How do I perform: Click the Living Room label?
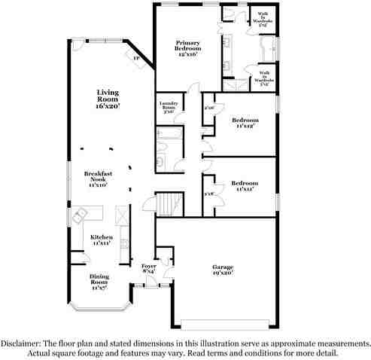click(108, 99)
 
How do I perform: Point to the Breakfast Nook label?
click(97, 178)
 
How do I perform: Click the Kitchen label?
click(102, 240)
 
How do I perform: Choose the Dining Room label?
click(99, 281)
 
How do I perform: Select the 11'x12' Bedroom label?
click(245, 123)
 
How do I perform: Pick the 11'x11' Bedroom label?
click(245, 186)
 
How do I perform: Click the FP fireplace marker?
click(137, 58)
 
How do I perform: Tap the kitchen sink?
click(78, 218)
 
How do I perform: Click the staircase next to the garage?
click(169, 203)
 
